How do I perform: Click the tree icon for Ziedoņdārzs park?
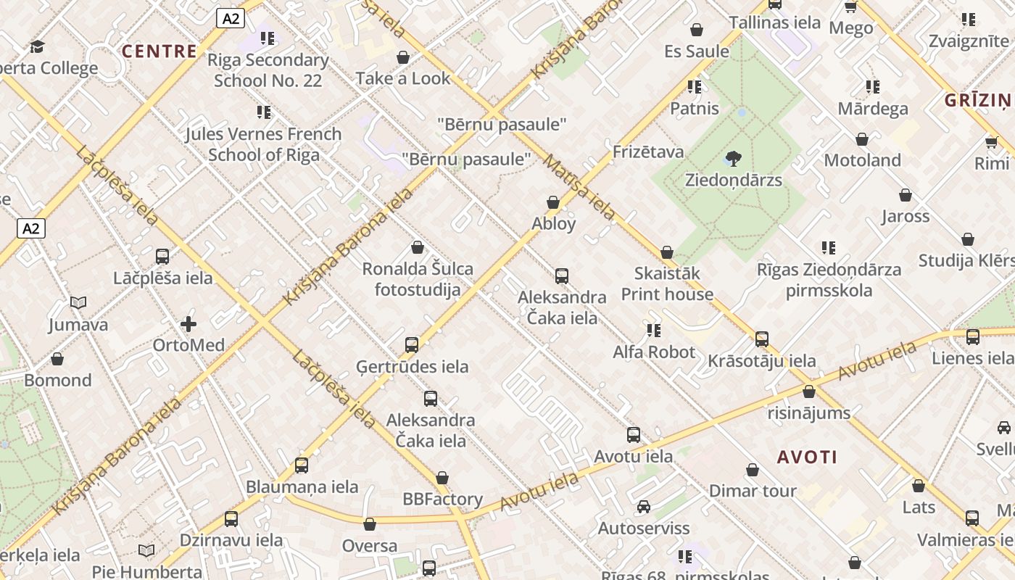(733, 158)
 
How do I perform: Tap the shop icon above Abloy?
(553, 202)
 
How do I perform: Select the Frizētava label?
(648, 152)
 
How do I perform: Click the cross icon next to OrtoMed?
(188, 324)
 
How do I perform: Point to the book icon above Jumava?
(78, 303)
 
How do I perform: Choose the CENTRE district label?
(159, 51)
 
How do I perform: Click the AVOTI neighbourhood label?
(808, 457)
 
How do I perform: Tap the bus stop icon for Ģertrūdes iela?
(412, 345)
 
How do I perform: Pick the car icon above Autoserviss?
(643, 507)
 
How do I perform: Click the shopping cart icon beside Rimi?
(991, 142)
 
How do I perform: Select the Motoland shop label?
(862, 160)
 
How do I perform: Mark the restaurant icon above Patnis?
(695, 88)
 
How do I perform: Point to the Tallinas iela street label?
(775, 22)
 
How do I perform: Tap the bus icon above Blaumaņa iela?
(302, 465)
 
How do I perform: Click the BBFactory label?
(442, 500)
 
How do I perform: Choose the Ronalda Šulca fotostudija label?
(418, 280)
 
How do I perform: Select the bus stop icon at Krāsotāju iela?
(762, 339)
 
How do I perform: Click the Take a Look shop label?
(403, 78)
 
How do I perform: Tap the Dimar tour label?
(753, 491)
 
